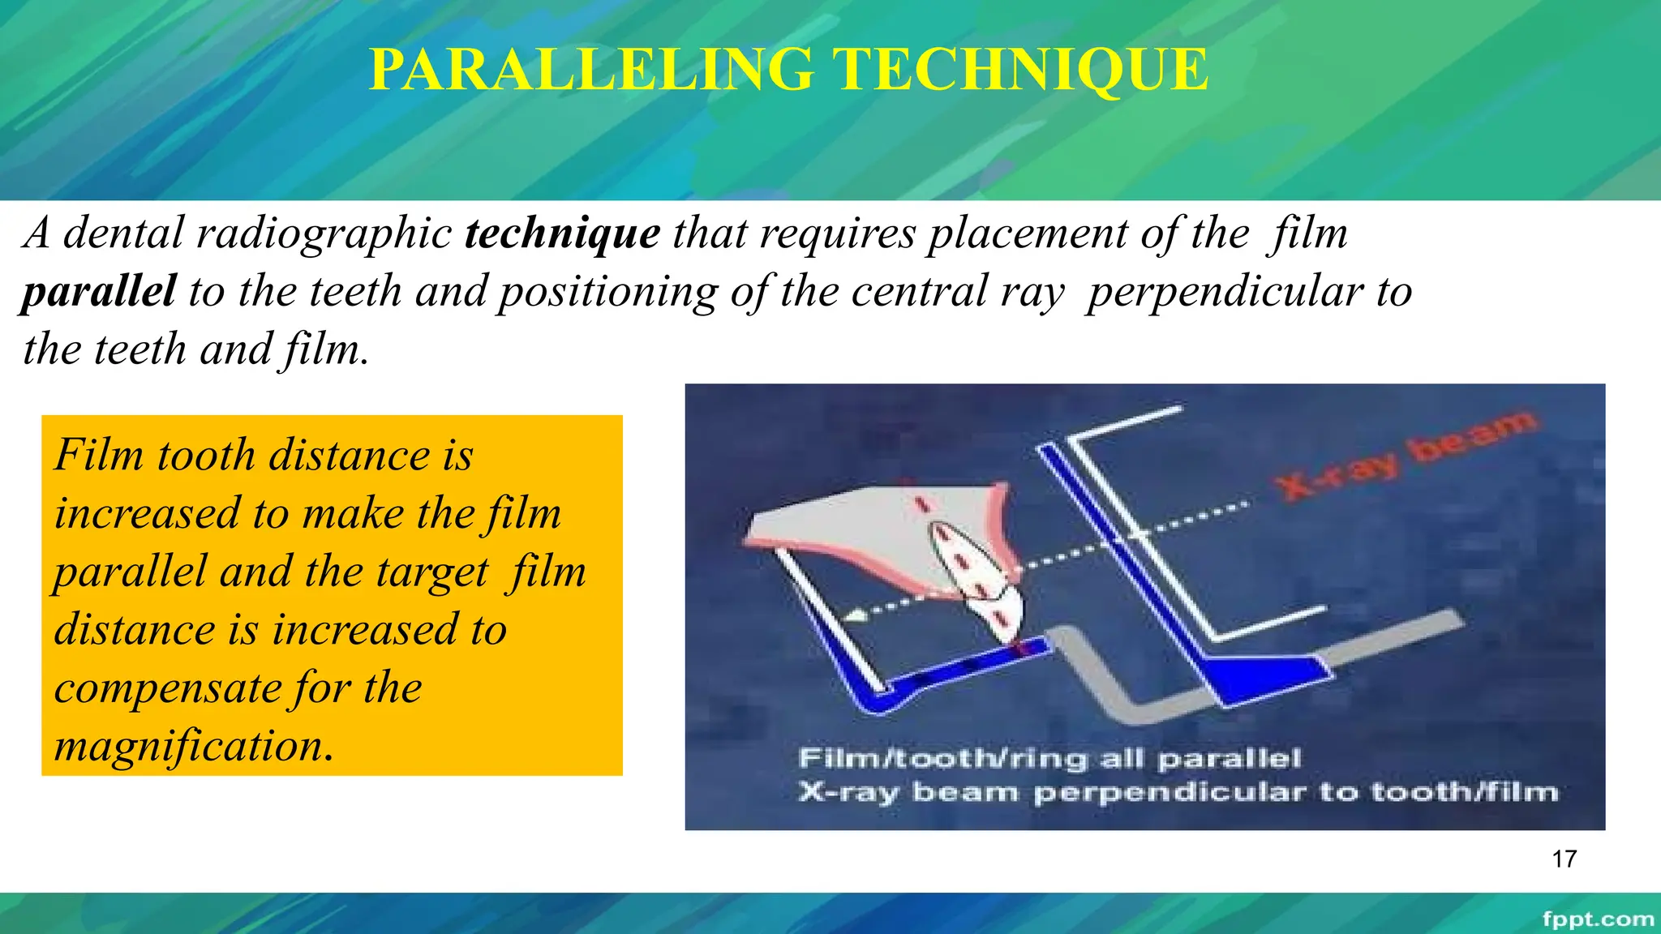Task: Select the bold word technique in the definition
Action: (x=562, y=233)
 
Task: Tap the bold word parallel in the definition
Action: (x=98, y=291)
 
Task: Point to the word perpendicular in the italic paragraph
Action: (x=1225, y=291)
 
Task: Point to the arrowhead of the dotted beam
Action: (x=854, y=618)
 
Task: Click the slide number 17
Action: (x=1564, y=859)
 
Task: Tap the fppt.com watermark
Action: (x=1597, y=919)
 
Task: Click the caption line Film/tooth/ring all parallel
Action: (x=1049, y=759)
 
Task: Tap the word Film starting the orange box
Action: (x=99, y=455)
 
